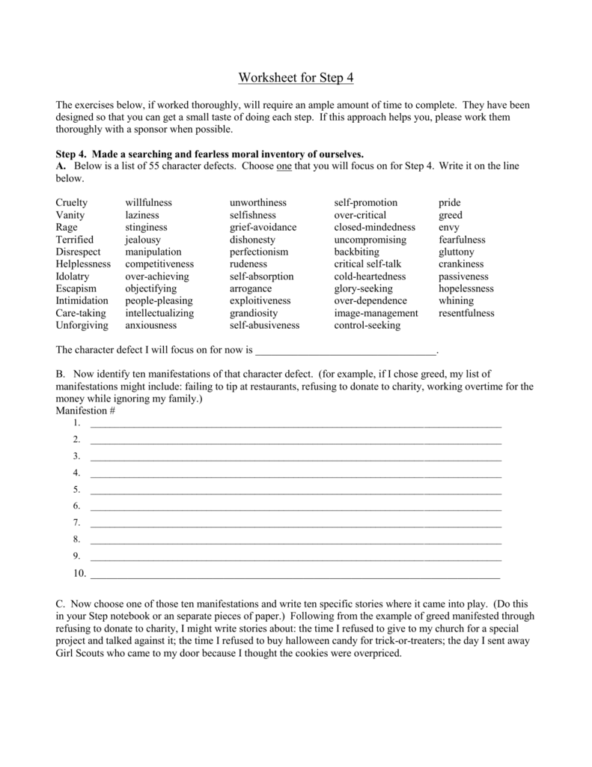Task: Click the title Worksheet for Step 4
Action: [296, 78]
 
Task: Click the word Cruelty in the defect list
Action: [72, 203]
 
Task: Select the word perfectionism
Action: [259, 252]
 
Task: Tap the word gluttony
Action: [457, 252]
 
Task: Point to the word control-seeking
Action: [367, 325]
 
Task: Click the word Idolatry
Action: [73, 276]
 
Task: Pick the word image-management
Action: [376, 313]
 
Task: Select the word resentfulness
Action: [466, 313]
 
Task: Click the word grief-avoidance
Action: [263, 227]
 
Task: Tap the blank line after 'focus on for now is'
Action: [345, 350]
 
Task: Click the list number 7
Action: [76, 523]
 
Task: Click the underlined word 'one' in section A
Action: [284, 166]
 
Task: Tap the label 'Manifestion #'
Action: [85, 411]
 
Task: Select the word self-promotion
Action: [366, 203]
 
